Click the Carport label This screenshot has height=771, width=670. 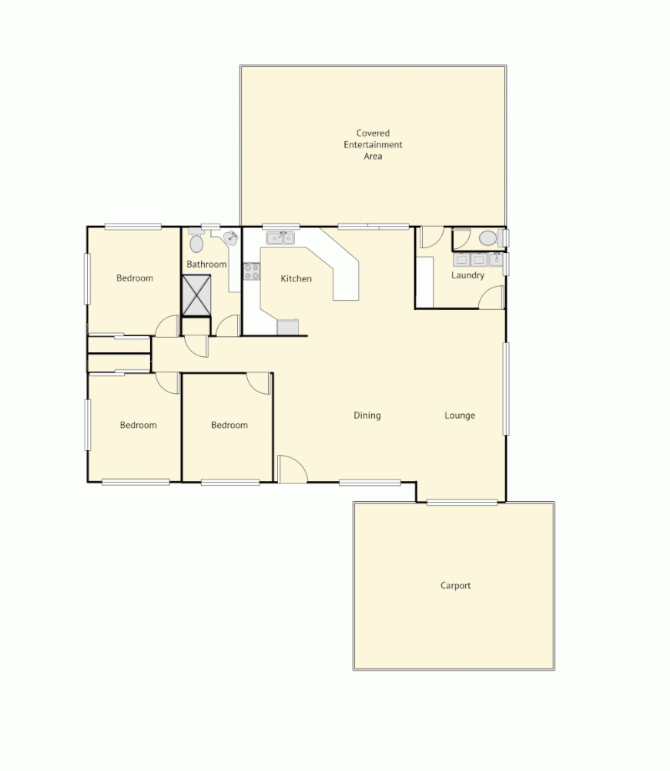455,585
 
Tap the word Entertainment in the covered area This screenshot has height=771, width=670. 373,144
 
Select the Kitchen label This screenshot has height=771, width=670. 296,278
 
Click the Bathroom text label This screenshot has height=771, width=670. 206,264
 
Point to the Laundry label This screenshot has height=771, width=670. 467,275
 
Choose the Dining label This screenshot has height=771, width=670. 367,416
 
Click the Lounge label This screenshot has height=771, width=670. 460,416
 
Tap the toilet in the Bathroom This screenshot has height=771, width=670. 196,242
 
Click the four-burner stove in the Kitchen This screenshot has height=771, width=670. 251,271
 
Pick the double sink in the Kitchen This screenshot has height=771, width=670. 281,238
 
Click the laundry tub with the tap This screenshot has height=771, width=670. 471,259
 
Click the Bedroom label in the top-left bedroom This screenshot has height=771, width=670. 135,278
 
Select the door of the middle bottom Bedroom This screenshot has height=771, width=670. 260,383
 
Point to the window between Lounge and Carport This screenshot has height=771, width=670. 462,503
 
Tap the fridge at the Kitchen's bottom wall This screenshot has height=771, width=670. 287,328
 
